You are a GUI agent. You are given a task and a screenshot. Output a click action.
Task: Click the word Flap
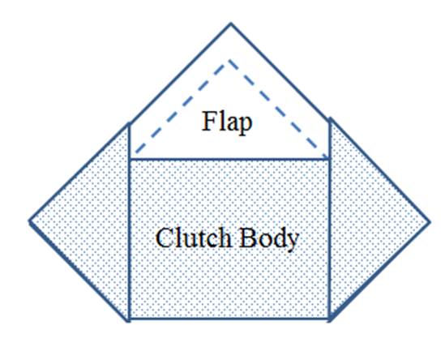coord(227,122)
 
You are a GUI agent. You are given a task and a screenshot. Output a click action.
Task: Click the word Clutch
coord(193,238)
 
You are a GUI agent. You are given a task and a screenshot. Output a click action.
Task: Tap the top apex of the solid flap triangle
coord(231,24)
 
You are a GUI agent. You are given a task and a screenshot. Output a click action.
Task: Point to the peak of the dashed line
coord(229,60)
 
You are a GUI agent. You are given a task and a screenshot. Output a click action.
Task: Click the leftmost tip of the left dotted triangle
coord(29,221)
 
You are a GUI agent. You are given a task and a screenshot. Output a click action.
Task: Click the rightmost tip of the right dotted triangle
coord(430,222)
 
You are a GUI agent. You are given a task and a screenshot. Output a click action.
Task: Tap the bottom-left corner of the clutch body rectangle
coord(129,319)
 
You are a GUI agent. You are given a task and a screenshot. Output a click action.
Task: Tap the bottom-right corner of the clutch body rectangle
coord(329,319)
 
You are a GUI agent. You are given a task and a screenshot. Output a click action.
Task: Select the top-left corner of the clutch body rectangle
coord(129,160)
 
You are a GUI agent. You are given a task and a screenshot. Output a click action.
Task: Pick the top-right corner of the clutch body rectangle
coord(329,160)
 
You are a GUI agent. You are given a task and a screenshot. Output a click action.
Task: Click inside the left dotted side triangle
coord(96,221)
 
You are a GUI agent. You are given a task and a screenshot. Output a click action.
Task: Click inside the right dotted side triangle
coord(362,221)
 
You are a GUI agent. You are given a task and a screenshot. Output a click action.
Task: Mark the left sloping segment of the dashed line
coord(182,106)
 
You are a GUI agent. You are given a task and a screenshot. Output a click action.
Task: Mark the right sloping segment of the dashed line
coord(277,109)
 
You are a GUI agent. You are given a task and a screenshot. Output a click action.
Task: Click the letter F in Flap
coord(208,121)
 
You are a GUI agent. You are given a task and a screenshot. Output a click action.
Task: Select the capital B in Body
coord(248,238)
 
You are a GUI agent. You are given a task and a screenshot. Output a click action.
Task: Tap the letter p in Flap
coord(246,126)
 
